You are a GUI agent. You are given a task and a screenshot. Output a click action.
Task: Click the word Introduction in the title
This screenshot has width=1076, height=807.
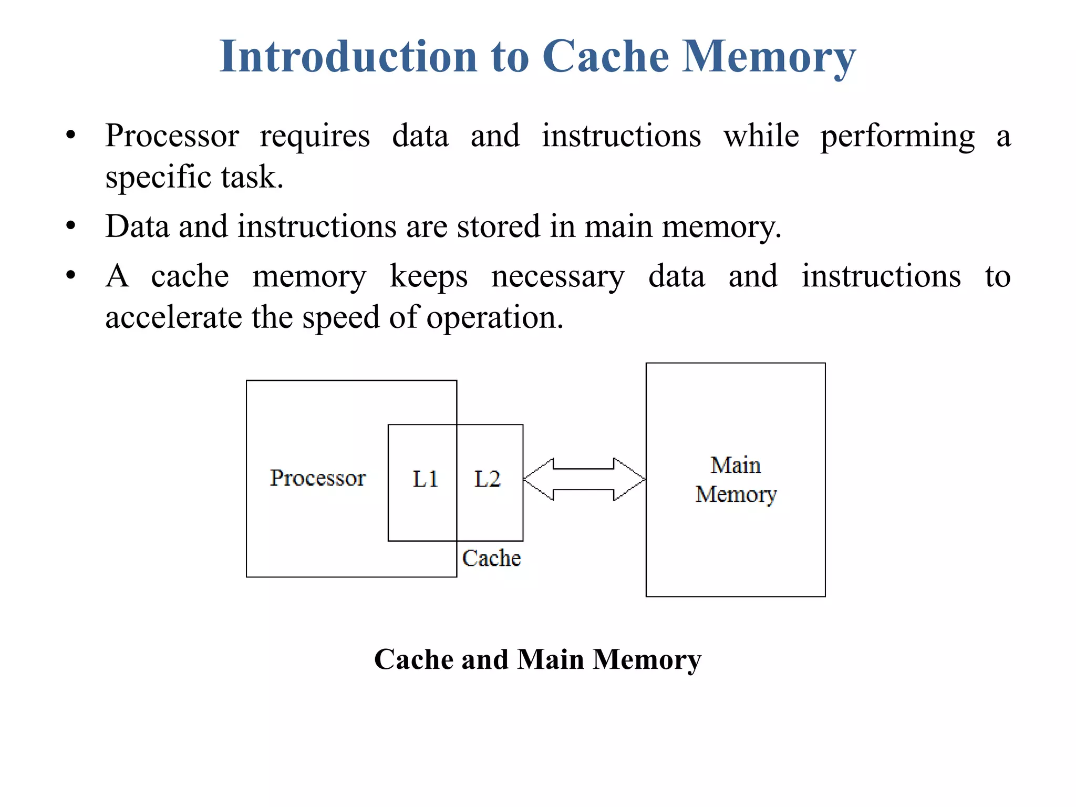point(348,56)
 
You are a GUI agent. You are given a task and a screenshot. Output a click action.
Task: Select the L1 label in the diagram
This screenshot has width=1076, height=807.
point(425,479)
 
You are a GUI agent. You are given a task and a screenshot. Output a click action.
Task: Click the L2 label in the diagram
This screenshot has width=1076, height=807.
point(487,479)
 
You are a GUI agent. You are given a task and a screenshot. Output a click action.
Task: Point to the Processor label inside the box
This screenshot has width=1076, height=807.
point(317,478)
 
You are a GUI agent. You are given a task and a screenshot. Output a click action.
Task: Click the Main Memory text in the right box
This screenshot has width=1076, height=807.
point(736,480)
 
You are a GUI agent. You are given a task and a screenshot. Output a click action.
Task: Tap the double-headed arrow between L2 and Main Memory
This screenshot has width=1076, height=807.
point(584,479)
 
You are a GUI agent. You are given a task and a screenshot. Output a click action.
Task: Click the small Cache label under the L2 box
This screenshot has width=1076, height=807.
point(491,558)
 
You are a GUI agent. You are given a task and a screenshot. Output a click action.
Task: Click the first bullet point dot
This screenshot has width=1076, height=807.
point(71,136)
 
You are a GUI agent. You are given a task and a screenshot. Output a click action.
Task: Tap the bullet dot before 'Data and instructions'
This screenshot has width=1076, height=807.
point(71,226)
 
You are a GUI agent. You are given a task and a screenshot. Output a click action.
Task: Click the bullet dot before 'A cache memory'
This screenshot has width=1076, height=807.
point(71,275)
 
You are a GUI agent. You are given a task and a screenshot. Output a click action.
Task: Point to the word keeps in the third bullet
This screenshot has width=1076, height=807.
point(428,277)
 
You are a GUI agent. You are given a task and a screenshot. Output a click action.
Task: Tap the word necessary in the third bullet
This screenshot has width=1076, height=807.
point(557,277)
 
